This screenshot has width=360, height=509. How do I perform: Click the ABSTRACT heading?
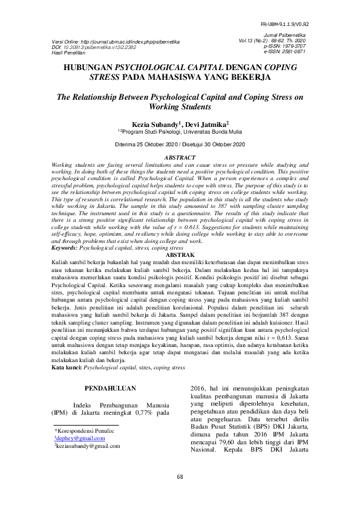[180, 158]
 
